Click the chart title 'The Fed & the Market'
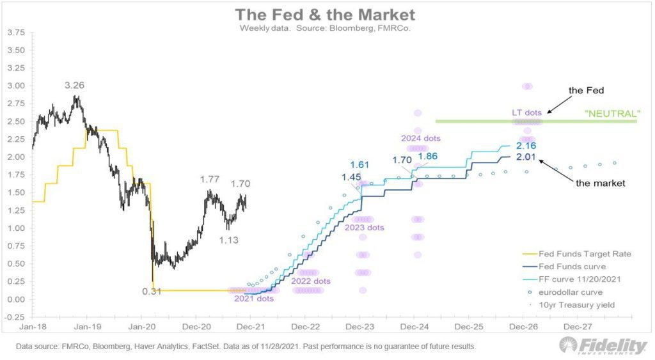[x=325, y=15]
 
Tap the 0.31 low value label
[x=151, y=292]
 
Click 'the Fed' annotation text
[x=585, y=90]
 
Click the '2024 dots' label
[x=421, y=137]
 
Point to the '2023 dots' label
[x=364, y=227]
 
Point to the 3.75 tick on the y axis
[x=15, y=32]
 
